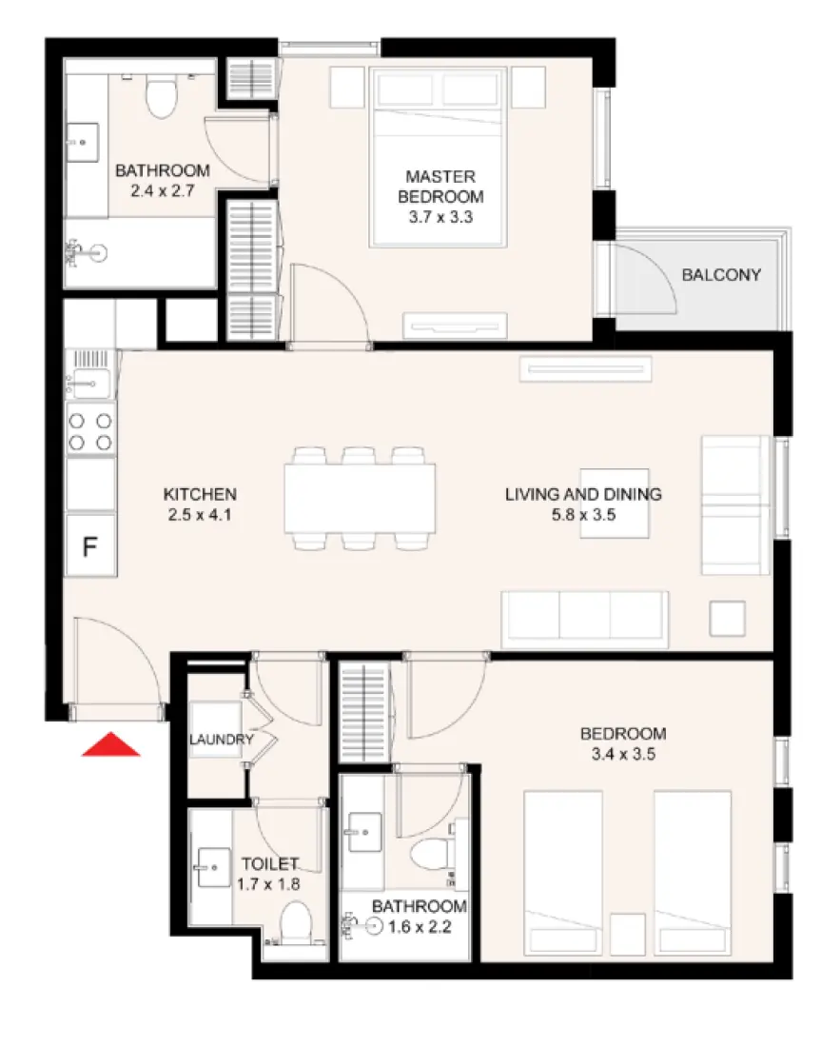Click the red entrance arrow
click(x=111, y=744)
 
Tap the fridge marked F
click(x=91, y=546)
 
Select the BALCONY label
click(x=721, y=276)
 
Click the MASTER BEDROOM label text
click(x=440, y=188)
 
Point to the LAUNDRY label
click(x=221, y=741)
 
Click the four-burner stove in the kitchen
click(x=91, y=429)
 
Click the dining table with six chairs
click(x=361, y=498)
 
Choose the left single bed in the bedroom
click(x=563, y=872)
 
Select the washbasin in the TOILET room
click(x=211, y=867)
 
